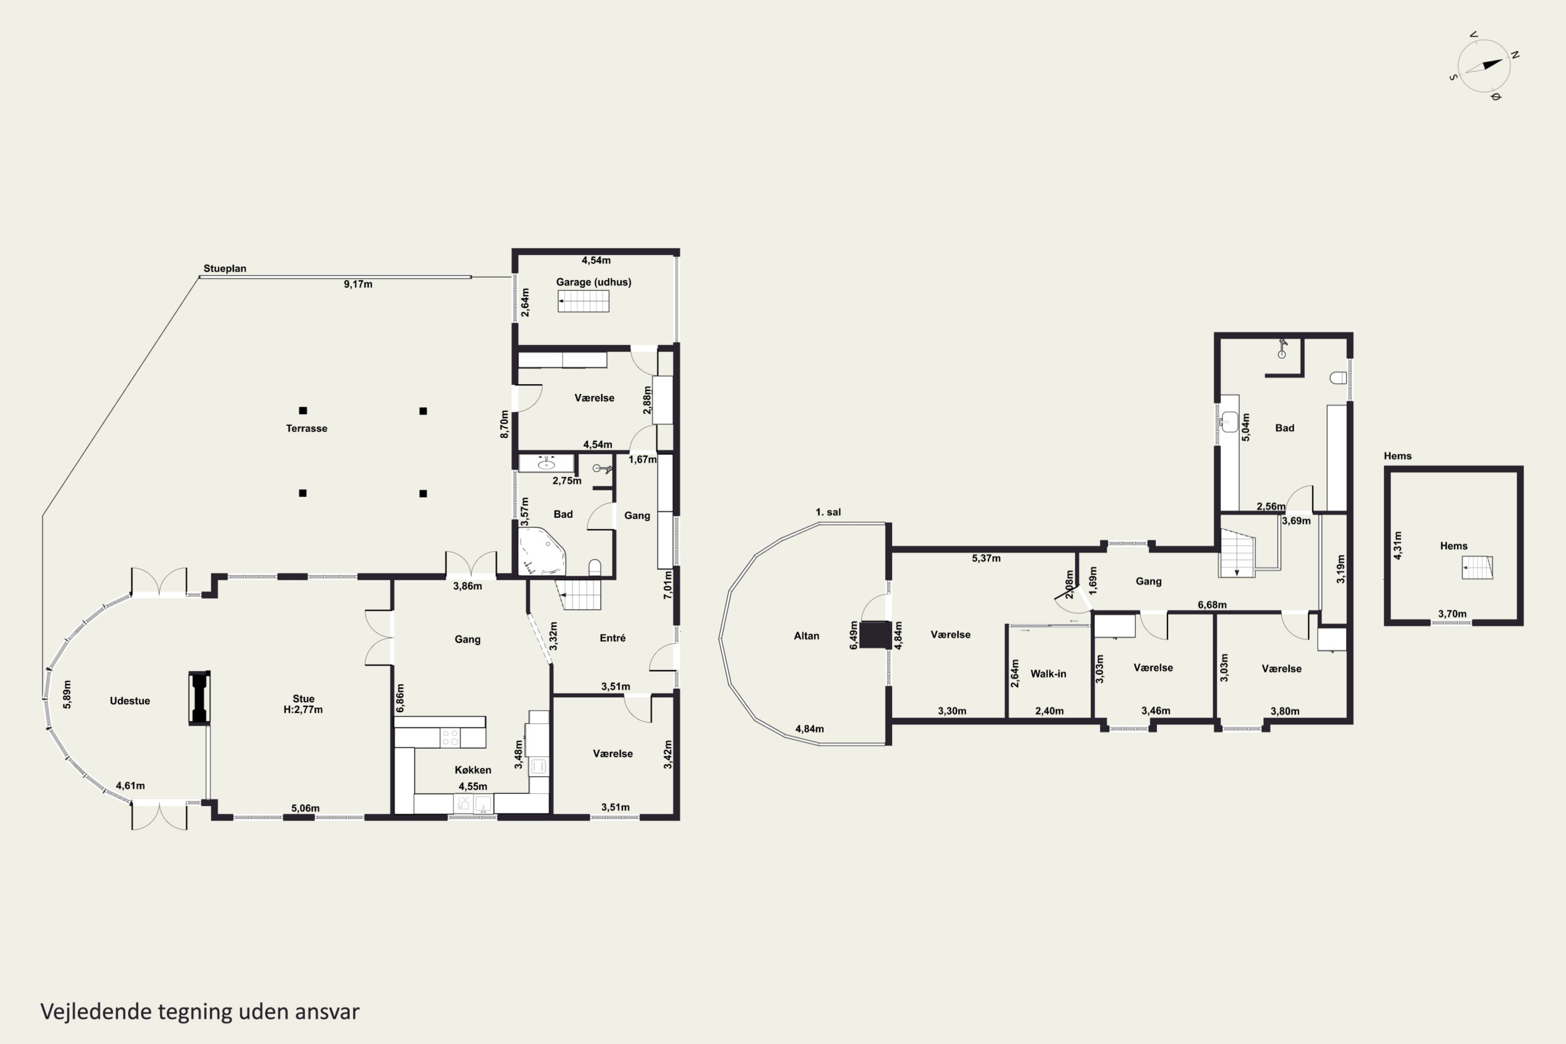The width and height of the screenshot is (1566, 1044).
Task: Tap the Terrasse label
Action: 306,428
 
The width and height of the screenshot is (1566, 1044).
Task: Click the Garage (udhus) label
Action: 593,282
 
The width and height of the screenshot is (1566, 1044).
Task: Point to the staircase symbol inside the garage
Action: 583,301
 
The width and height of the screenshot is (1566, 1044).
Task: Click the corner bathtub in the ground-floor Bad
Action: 542,551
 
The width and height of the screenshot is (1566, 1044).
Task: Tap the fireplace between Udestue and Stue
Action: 199,698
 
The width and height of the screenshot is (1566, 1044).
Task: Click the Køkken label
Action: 473,769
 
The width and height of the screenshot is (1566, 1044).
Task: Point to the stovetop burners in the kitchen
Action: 450,737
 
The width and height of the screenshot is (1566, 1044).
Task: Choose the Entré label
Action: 612,638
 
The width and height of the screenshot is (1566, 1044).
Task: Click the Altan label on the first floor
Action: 806,636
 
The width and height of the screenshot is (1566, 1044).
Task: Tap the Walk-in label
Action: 1048,674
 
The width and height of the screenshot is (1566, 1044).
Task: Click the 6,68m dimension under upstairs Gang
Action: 1212,604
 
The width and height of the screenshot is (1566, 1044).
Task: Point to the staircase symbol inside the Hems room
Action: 1477,568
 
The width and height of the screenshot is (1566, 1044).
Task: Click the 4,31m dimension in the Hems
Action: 1397,545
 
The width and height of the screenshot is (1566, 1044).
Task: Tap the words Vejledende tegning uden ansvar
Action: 200,1012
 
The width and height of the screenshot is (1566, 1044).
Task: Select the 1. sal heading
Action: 828,512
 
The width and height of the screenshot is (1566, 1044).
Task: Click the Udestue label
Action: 130,701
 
